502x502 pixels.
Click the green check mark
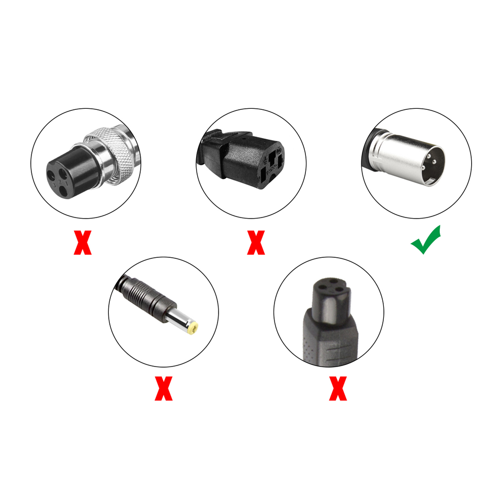pos(426,241)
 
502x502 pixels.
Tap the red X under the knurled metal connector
pos(82,244)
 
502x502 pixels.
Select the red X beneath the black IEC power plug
pos(256,244)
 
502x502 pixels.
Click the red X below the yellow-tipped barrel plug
pos(163,390)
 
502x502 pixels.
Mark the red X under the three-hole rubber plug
pos(338,390)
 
